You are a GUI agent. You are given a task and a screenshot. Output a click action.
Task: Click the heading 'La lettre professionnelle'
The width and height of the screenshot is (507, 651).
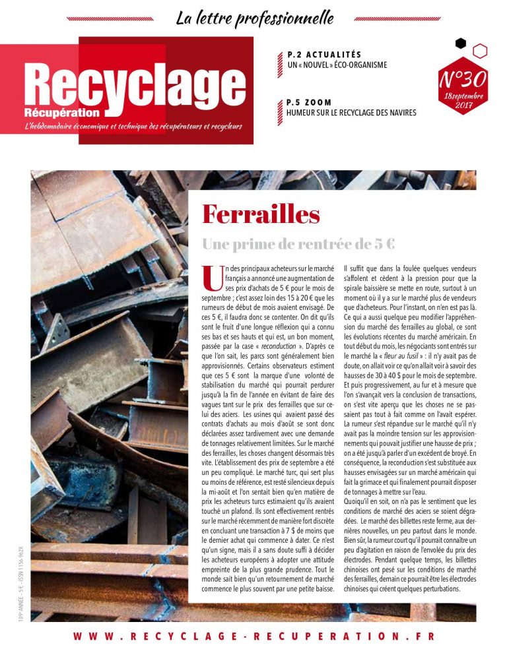click(x=255, y=17)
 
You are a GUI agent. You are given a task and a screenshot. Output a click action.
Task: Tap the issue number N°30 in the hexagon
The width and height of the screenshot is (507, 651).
click(x=462, y=79)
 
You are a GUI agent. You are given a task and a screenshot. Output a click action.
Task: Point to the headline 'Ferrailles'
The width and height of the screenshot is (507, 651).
click(x=261, y=214)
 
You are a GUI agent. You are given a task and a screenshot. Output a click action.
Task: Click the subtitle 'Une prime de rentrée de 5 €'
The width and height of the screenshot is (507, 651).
click(x=298, y=244)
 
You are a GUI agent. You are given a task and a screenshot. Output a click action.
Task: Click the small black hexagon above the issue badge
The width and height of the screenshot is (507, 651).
click(x=461, y=44)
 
